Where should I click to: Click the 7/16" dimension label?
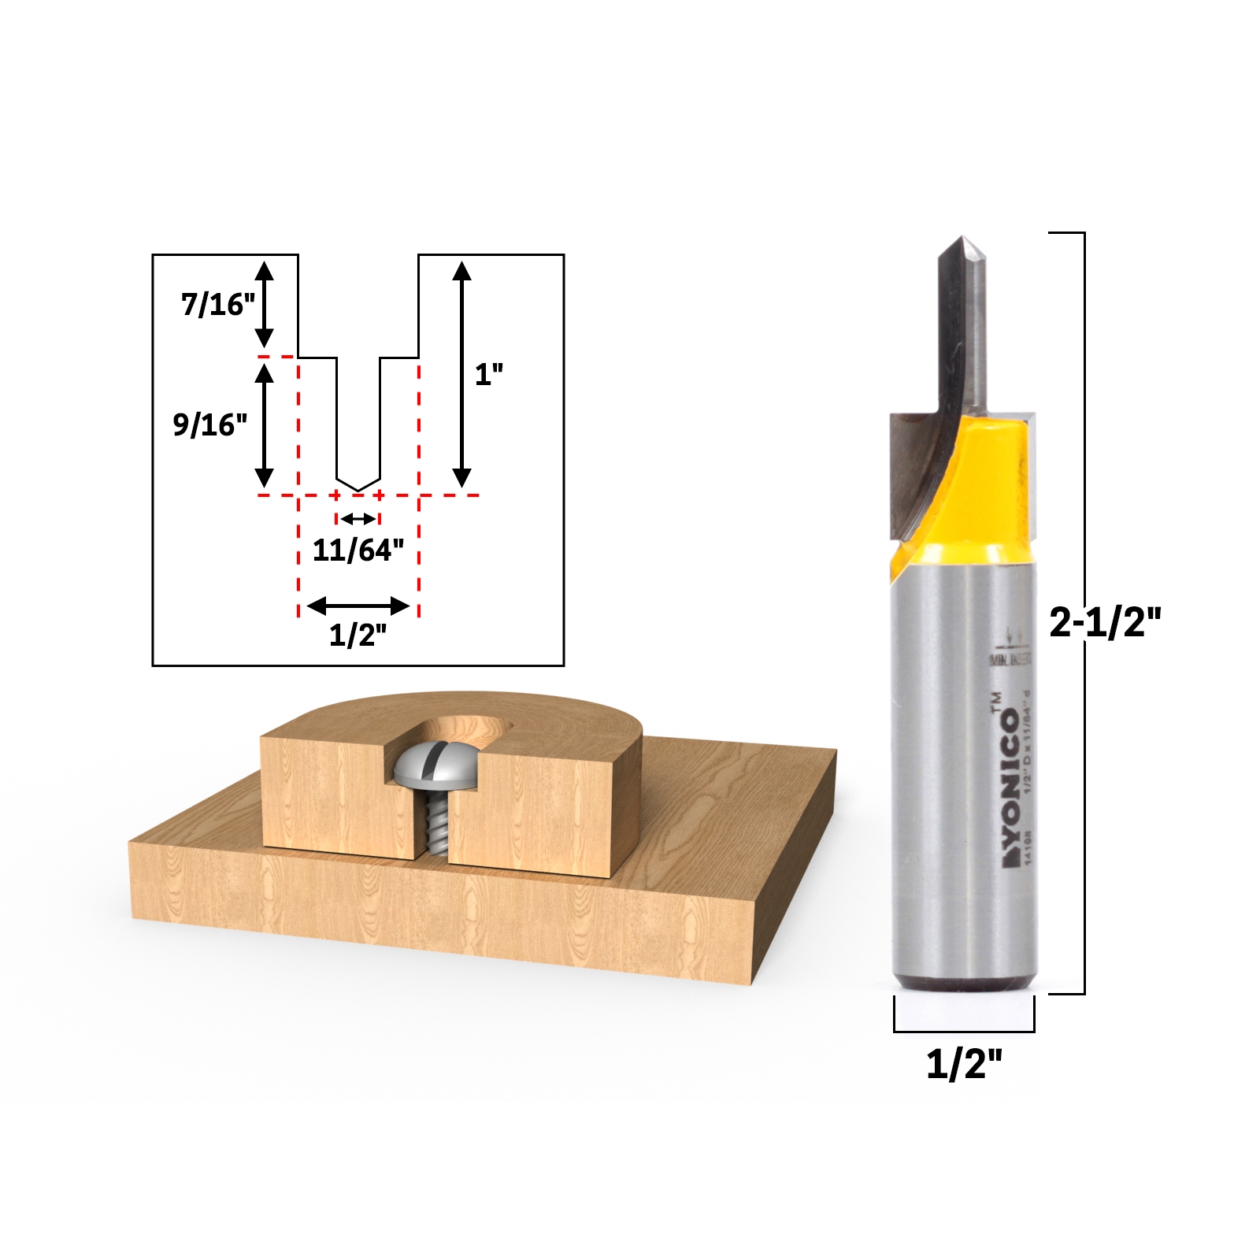[x=218, y=304]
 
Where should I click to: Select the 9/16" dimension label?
[x=210, y=424]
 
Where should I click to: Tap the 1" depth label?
[x=488, y=375]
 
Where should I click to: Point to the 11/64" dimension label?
[x=358, y=550]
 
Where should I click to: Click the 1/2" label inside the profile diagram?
[x=358, y=634]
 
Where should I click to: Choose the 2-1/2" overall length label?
[x=1105, y=622]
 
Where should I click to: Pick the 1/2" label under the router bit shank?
[x=964, y=1064]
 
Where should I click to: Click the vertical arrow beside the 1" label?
[x=462, y=375]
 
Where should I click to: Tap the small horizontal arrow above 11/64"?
[x=358, y=519]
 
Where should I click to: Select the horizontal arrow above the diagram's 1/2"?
[x=358, y=606]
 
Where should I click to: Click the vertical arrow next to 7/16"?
[x=265, y=304]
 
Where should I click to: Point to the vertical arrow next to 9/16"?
[x=265, y=426]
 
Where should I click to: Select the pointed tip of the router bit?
[x=962, y=240]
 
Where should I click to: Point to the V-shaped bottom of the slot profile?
[x=358, y=487]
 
